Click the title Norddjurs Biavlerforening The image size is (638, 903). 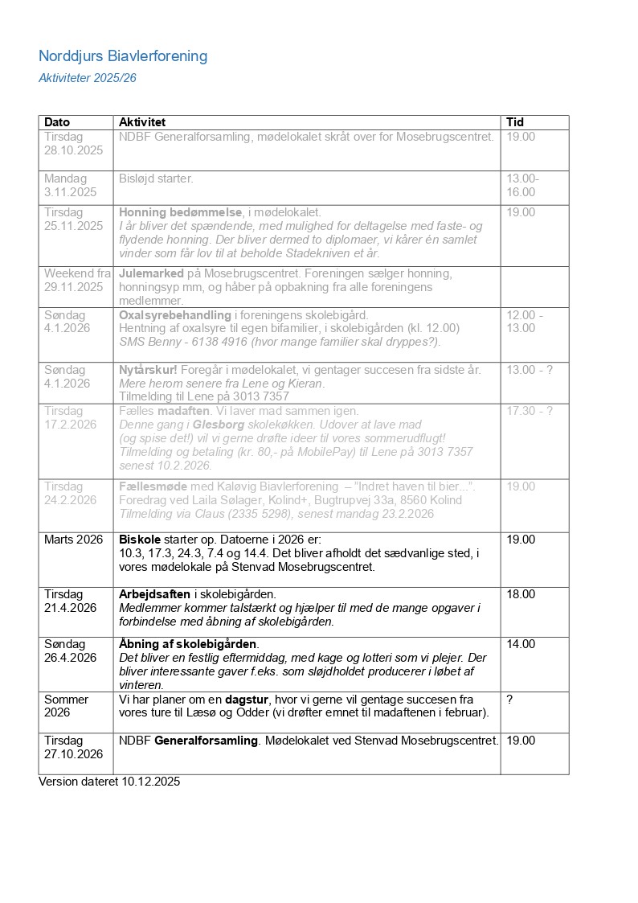123,56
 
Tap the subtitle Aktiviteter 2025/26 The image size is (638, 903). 88,78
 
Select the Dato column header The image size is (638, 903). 57,122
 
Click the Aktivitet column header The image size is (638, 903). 142,122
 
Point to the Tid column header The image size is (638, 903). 514,122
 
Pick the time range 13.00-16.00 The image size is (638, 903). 522,185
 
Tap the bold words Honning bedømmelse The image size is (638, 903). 181,212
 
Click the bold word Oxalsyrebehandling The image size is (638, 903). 174,315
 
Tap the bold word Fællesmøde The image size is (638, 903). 153,486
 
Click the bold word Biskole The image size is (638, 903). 139,540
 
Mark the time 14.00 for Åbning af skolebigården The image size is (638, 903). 521,644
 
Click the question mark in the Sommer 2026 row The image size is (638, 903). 509,700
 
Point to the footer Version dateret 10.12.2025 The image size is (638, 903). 109,782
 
